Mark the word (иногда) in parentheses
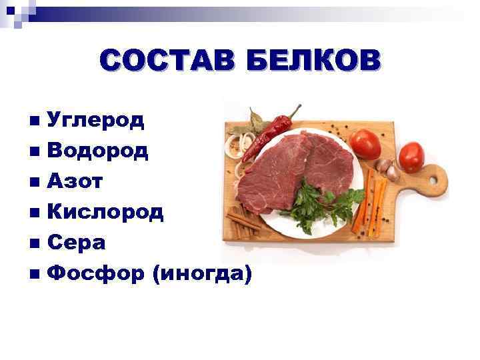pyautogui.click(x=202, y=273)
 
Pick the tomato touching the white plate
pyautogui.click(x=365, y=141)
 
